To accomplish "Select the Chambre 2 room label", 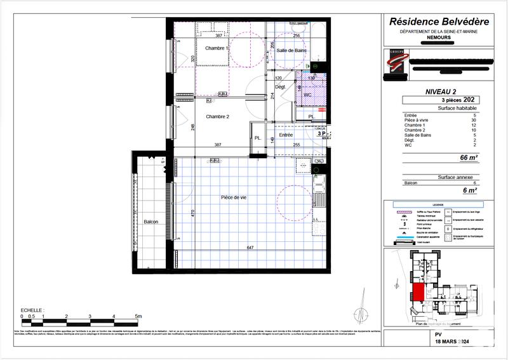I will pyautogui.click(x=217, y=116).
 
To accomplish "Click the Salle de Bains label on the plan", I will pyautogui.click(x=291, y=50).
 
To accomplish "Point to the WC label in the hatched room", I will pyautogui.click(x=307, y=95).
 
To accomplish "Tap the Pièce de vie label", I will pyautogui.click(x=234, y=197).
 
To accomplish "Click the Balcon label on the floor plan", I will pyautogui.click(x=150, y=222).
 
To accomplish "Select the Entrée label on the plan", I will pyautogui.click(x=286, y=135).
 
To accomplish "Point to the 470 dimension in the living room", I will pyautogui.click(x=192, y=215).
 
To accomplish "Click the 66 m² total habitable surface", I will pyautogui.click(x=468, y=157).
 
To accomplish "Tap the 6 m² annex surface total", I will pyautogui.click(x=469, y=190).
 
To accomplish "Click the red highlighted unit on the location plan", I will pyautogui.click(x=420, y=294).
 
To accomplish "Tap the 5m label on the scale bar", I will pyautogui.click(x=138, y=316).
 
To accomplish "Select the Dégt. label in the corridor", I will pyautogui.click(x=280, y=86).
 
